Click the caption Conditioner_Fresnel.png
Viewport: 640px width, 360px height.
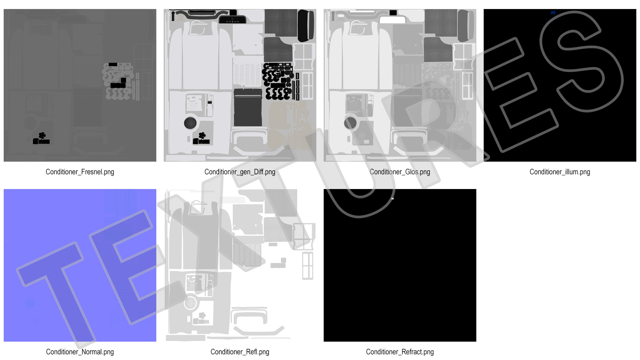[x=80, y=172]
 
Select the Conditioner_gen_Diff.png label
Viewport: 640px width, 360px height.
[x=240, y=172]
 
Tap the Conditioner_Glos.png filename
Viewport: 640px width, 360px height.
[x=400, y=172]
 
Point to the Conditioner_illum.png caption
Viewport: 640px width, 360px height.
[x=560, y=172]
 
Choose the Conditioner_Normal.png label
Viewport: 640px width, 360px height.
[x=80, y=352]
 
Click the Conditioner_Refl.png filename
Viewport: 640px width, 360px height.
[x=240, y=352]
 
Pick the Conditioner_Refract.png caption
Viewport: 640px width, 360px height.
[x=400, y=352]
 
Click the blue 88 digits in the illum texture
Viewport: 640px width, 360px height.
[x=553, y=13]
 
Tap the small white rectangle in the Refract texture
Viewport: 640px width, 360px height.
[x=392, y=199]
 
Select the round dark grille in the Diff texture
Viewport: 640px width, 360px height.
[x=190, y=123]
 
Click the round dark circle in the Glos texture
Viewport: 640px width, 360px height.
[x=350, y=123]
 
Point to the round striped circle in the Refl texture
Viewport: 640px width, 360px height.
[x=190, y=303]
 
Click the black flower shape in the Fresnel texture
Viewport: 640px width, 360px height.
[x=42, y=135]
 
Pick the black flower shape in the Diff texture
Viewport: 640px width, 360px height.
[x=202, y=135]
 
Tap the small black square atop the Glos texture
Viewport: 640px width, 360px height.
[x=393, y=13]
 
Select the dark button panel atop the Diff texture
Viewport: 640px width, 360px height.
[x=232, y=20]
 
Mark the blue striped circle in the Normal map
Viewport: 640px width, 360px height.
[x=30, y=303]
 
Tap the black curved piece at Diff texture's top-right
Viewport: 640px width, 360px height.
[x=306, y=25]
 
